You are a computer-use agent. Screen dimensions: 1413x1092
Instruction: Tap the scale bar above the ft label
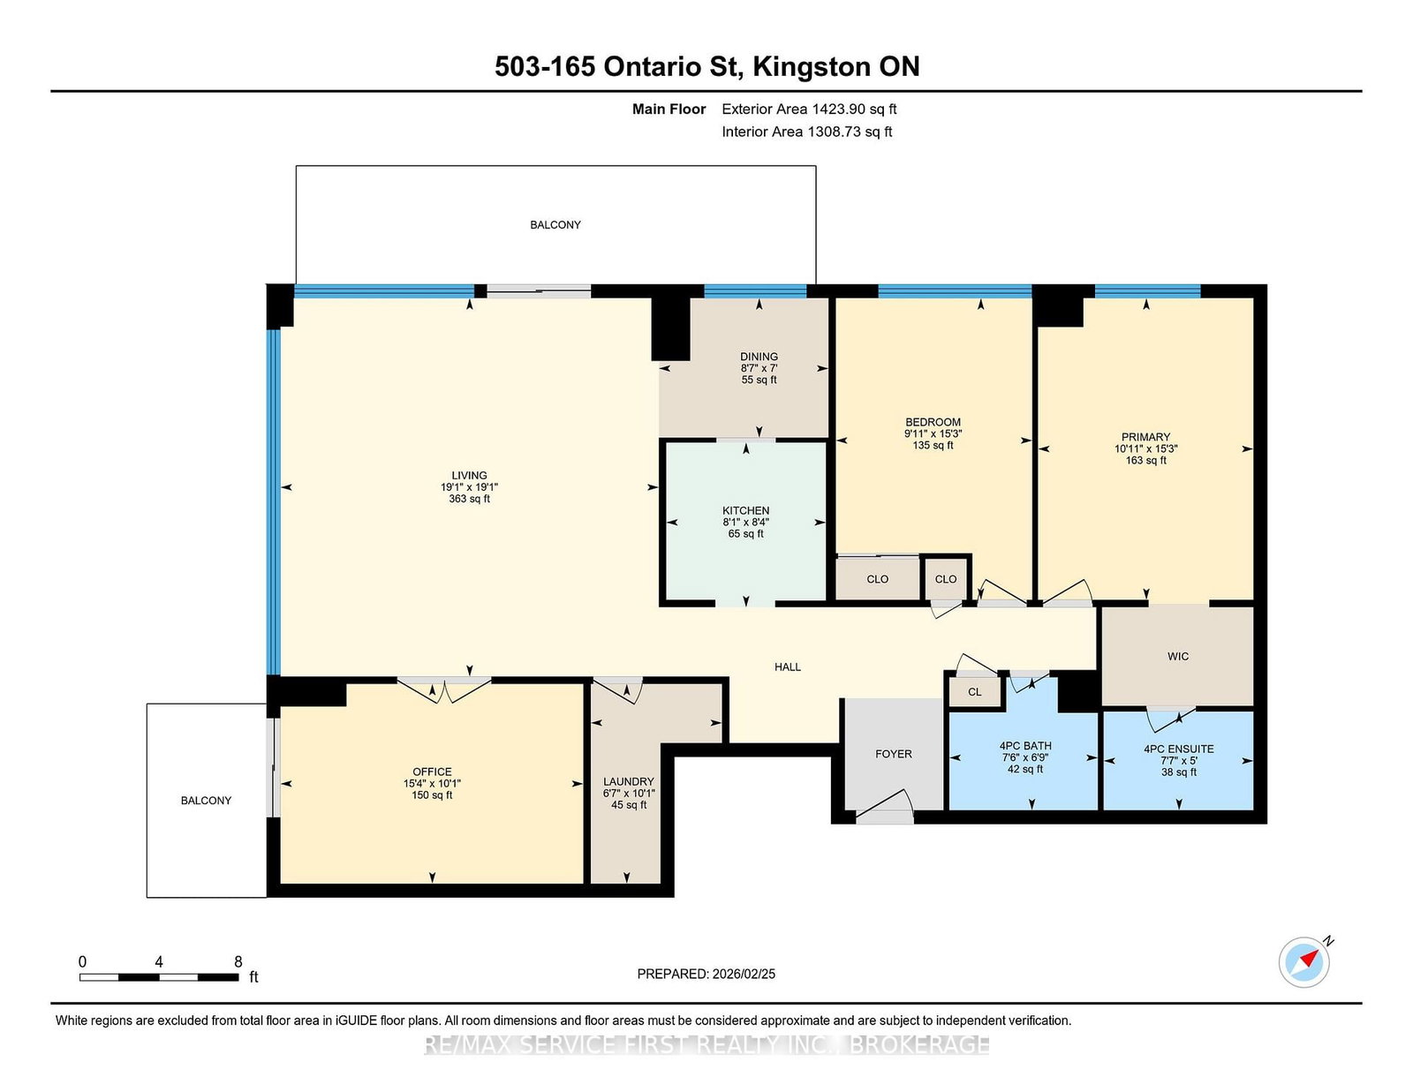[x=159, y=977]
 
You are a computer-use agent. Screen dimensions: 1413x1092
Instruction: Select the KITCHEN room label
[x=745, y=510]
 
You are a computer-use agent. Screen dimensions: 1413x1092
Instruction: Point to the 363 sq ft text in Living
[x=469, y=499]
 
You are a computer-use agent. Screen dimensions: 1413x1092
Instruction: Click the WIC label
[x=1177, y=656]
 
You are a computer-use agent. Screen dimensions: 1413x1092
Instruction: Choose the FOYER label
[x=894, y=753]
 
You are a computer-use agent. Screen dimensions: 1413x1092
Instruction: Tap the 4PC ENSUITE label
[x=1178, y=749]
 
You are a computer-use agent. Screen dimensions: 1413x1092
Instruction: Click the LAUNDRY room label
[x=628, y=781]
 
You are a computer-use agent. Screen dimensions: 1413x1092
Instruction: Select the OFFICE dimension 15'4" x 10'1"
[x=432, y=783]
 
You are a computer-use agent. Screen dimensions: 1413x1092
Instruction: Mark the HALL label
[x=788, y=666]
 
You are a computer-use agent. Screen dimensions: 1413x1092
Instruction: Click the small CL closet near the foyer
[x=974, y=691]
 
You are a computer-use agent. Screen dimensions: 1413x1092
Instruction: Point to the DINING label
[x=759, y=356]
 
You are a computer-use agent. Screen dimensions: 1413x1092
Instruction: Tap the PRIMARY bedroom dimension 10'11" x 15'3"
[x=1145, y=448]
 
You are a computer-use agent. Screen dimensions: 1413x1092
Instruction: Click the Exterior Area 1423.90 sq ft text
[x=809, y=109]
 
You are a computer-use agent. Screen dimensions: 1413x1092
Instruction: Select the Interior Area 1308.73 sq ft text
[x=806, y=132]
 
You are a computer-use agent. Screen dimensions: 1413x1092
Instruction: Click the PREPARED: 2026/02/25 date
[x=706, y=974]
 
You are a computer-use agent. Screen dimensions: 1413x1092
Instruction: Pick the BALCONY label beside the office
[x=206, y=800]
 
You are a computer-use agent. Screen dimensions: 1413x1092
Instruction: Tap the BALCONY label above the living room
[x=555, y=225]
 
